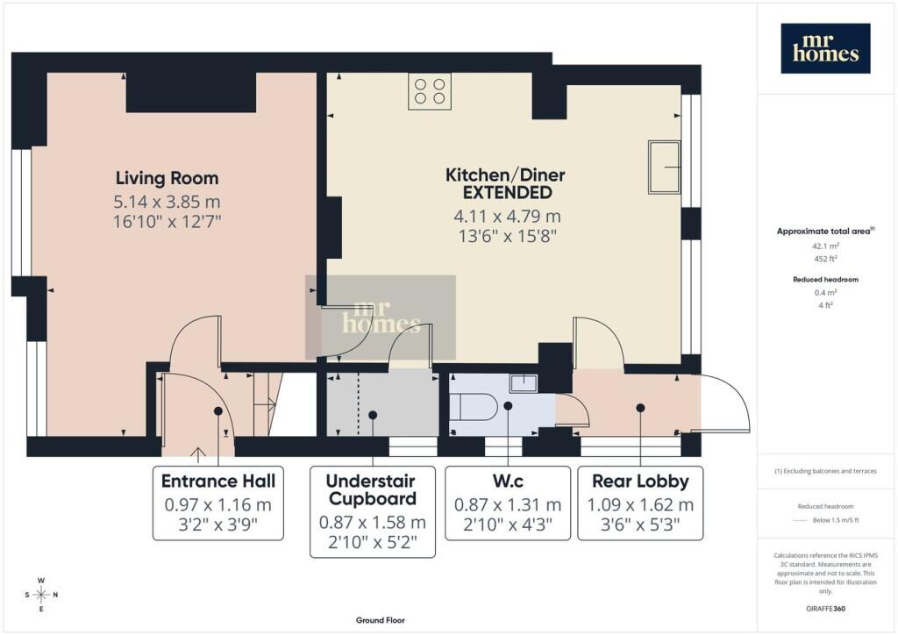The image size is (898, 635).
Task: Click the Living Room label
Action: [x=167, y=178]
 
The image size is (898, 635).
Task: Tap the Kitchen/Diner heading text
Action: [x=505, y=175]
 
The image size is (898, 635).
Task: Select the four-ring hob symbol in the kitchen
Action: [x=430, y=91]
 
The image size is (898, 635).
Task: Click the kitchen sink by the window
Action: [x=665, y=168]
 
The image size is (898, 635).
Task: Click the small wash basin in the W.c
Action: [x=524, y=382]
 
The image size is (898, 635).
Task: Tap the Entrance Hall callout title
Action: [x=218, y=481]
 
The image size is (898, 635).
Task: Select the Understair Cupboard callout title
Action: [x=372, y=489]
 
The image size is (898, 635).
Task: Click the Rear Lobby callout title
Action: [x=640, y=481]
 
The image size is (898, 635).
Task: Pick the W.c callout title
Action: [x=508, y=481]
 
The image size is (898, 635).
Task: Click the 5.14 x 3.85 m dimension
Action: [x=167, y=202]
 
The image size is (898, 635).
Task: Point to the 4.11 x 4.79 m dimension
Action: [x=507, y=217]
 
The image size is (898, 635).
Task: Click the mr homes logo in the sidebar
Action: [x=825, y=48]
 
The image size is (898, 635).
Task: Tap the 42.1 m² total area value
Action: [x=825, y=246]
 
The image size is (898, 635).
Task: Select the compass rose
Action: [x=41, y=595]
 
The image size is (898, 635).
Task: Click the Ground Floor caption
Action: [x=381, y=620]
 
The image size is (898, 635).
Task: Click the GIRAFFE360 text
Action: [x=825, y=609]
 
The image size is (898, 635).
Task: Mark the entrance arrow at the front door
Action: [x=198, y=454]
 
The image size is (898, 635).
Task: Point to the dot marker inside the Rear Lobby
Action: [x=640, y=408]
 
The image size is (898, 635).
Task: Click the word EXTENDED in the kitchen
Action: [x=508, y=193]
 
